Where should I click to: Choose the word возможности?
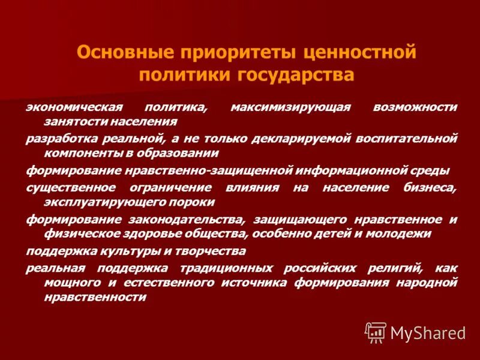pyautogui.click(x=415, y=107)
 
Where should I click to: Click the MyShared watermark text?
pyautogui.click(x=427, y=332)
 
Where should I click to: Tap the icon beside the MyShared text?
pyautogui.click(x=376, y=332)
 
